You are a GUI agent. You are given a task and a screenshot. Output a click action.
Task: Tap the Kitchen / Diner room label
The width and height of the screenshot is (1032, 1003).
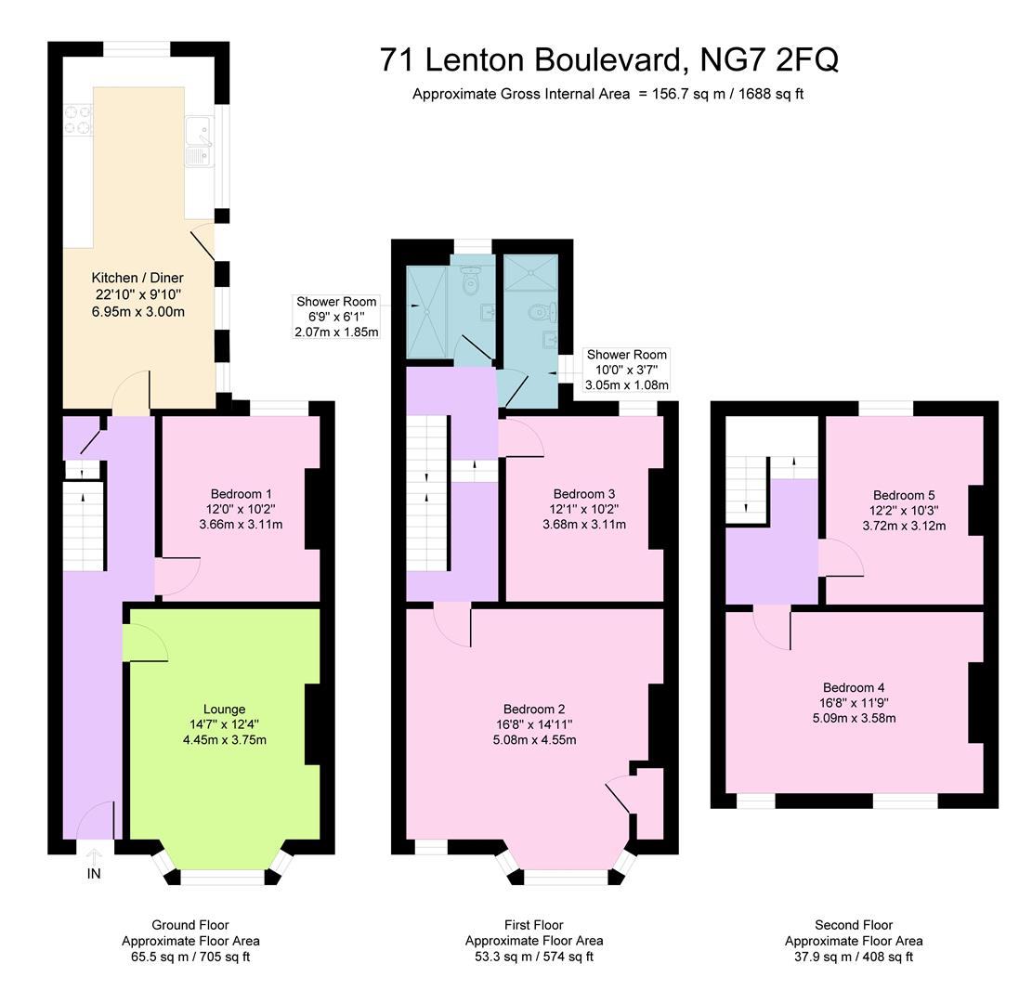(137, 278)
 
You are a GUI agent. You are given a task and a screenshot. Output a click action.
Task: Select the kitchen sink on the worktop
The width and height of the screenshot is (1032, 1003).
(199, 144)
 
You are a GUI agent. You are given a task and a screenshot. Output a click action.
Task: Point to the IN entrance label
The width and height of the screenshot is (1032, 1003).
(94, 874)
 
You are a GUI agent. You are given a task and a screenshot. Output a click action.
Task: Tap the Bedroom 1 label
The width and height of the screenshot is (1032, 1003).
(241, 493)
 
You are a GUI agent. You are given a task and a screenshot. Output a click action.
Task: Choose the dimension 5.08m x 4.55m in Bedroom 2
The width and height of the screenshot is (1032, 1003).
(534, 740)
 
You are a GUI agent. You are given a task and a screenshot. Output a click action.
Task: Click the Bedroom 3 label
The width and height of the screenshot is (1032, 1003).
(584, 493)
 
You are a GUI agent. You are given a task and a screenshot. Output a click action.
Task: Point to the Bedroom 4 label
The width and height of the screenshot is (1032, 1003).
(854, 687)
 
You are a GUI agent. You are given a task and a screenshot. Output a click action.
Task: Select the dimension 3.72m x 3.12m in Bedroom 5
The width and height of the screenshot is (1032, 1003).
(905, 526)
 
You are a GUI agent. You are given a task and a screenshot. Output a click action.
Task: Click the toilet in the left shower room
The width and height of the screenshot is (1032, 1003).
(469, 278)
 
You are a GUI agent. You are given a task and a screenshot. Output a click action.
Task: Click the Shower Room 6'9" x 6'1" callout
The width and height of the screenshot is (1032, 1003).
(336, 317)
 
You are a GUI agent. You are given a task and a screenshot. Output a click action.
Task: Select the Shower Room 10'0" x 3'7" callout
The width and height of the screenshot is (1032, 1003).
(626, 370)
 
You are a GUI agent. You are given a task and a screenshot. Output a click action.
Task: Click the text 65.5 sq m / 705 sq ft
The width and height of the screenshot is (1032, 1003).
(190, 956)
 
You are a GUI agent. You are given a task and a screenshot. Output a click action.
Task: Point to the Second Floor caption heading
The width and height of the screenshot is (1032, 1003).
(854, 925)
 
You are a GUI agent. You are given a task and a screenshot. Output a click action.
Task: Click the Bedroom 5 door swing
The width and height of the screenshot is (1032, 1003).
(841, 559)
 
